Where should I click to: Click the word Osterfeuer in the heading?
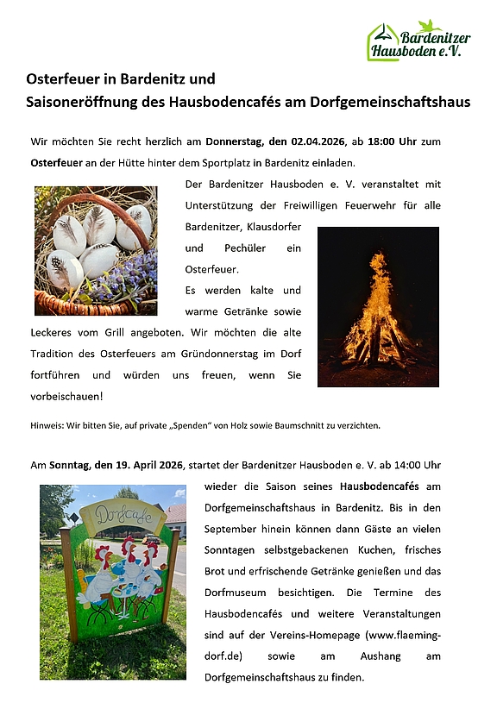(60, 78)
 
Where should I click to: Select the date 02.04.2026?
(326, 141)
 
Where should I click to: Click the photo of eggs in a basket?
(96, 250)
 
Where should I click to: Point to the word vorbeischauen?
(65, 396)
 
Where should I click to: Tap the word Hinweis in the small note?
(46, 425)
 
